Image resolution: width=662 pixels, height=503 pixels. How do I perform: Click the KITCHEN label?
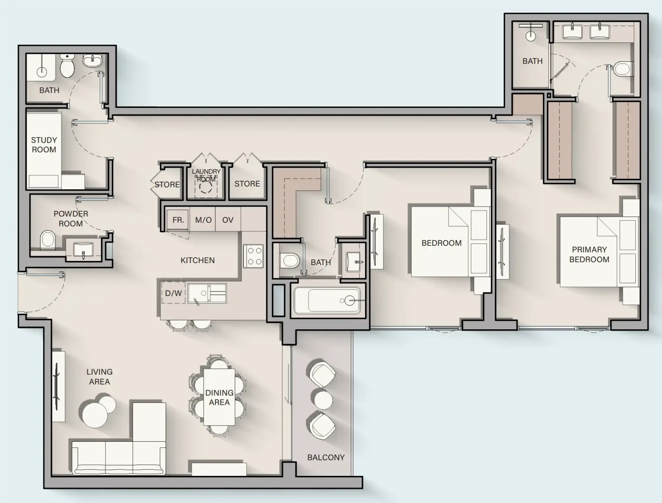point(197,260)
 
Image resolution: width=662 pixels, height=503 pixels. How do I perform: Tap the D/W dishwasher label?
point(173,293)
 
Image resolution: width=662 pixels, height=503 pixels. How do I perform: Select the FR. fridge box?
point(178,220)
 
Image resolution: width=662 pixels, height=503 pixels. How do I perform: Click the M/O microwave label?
point(203,220)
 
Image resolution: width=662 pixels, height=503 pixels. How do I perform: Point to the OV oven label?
point(228,220)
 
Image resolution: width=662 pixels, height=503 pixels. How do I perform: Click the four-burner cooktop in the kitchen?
point(253,256)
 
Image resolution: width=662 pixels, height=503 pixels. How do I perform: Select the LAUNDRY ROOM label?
point(206,175)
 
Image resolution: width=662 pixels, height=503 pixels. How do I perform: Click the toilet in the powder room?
point(48,240)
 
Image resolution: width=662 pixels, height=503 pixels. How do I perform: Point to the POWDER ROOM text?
point(71,219)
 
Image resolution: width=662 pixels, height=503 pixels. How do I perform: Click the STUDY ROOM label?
point(44,145)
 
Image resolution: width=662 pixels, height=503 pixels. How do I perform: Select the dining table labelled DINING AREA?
point(219,397)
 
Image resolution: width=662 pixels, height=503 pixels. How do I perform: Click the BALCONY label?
point(326,457)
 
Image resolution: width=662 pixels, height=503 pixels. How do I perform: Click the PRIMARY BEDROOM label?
point(589,254)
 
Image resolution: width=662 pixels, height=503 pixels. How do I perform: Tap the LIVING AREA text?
point(99,377)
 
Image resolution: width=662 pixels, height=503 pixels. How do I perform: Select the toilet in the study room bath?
point(67,67)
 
